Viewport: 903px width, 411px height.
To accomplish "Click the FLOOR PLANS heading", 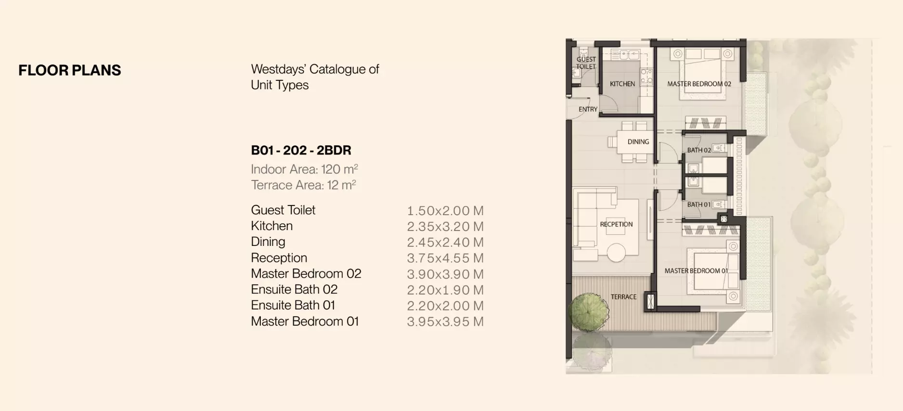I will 70,70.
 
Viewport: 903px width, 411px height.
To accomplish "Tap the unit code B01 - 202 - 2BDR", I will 301,150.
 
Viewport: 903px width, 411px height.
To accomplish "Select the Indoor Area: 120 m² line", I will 304,169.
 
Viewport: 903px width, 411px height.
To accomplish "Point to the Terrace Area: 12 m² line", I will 303,185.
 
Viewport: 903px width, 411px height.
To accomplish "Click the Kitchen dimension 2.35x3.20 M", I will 445,226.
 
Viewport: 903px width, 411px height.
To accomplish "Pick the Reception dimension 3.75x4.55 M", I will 445,258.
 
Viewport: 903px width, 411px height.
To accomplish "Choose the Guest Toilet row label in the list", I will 283,210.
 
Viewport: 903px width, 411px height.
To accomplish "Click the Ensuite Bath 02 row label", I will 294,289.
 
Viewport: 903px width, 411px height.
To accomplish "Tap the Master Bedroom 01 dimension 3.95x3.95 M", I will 445,321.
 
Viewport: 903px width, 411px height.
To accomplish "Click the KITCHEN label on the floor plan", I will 622,84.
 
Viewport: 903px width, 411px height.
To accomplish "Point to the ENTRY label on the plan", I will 588,109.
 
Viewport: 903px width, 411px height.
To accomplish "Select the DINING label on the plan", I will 638,141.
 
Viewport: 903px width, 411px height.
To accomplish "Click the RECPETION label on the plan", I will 616,224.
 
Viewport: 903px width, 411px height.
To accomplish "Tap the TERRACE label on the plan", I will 623,297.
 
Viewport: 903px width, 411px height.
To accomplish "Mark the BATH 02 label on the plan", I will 698,150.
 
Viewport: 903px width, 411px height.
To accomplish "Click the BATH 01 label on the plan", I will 698,205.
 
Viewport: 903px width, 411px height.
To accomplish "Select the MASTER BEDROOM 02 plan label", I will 699,84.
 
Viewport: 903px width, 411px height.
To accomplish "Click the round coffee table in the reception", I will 616,252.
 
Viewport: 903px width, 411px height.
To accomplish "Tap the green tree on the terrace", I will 589,312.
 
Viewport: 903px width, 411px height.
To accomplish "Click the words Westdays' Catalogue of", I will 315,69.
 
